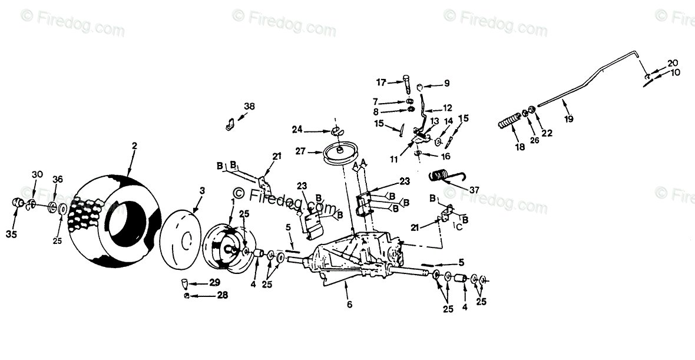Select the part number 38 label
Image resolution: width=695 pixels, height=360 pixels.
250,107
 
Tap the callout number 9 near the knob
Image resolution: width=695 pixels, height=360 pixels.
446,82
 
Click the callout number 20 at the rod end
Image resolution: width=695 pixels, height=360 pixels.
673,62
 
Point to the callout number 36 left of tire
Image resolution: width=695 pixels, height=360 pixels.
58,180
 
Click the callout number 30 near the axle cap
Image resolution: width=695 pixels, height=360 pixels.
37,174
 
